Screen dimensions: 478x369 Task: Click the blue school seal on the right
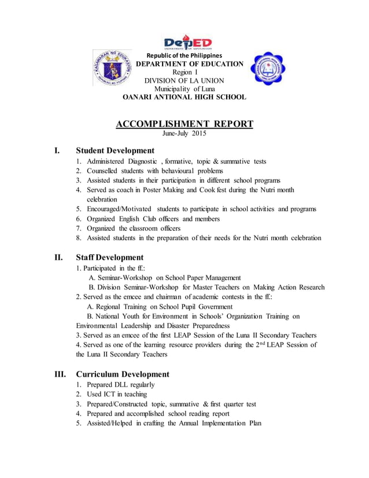(267, 76)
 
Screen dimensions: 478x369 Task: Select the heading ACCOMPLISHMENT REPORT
(184, 124)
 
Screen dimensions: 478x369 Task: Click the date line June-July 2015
(184, 134)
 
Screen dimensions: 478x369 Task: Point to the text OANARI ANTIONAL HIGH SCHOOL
(184, 97)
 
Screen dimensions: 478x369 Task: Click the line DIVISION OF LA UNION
(184, 80)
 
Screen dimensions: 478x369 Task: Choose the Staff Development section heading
(110, 257)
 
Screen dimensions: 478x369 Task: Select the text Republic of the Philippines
(183, 56)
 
